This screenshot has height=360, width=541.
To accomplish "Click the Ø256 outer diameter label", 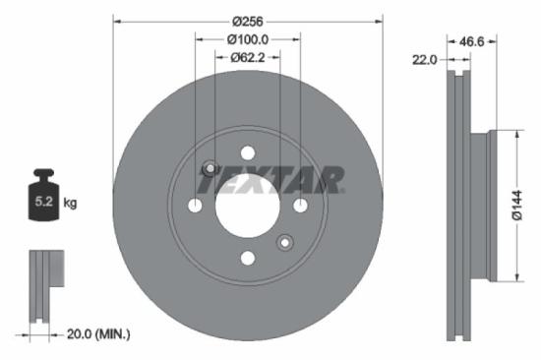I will [x=247, y=20].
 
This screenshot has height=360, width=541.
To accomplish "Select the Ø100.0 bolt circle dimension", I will [x=247, y=39].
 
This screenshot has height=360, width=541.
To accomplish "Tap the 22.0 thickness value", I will [x=424, y=60].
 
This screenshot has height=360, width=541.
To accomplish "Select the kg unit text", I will [x=71, y=204].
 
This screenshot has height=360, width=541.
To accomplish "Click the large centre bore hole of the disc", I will [x=247, y=205].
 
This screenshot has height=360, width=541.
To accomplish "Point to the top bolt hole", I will [x=247, y=152].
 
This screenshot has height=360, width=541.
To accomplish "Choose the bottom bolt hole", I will [x=247, y=258].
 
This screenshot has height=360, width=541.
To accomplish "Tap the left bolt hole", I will [x=195, y=205].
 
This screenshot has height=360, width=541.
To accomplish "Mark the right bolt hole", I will [x=300, y=205].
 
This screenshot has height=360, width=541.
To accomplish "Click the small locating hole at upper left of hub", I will [x=210, y=167].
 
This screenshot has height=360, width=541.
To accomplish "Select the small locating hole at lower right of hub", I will [x=285, y=242].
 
